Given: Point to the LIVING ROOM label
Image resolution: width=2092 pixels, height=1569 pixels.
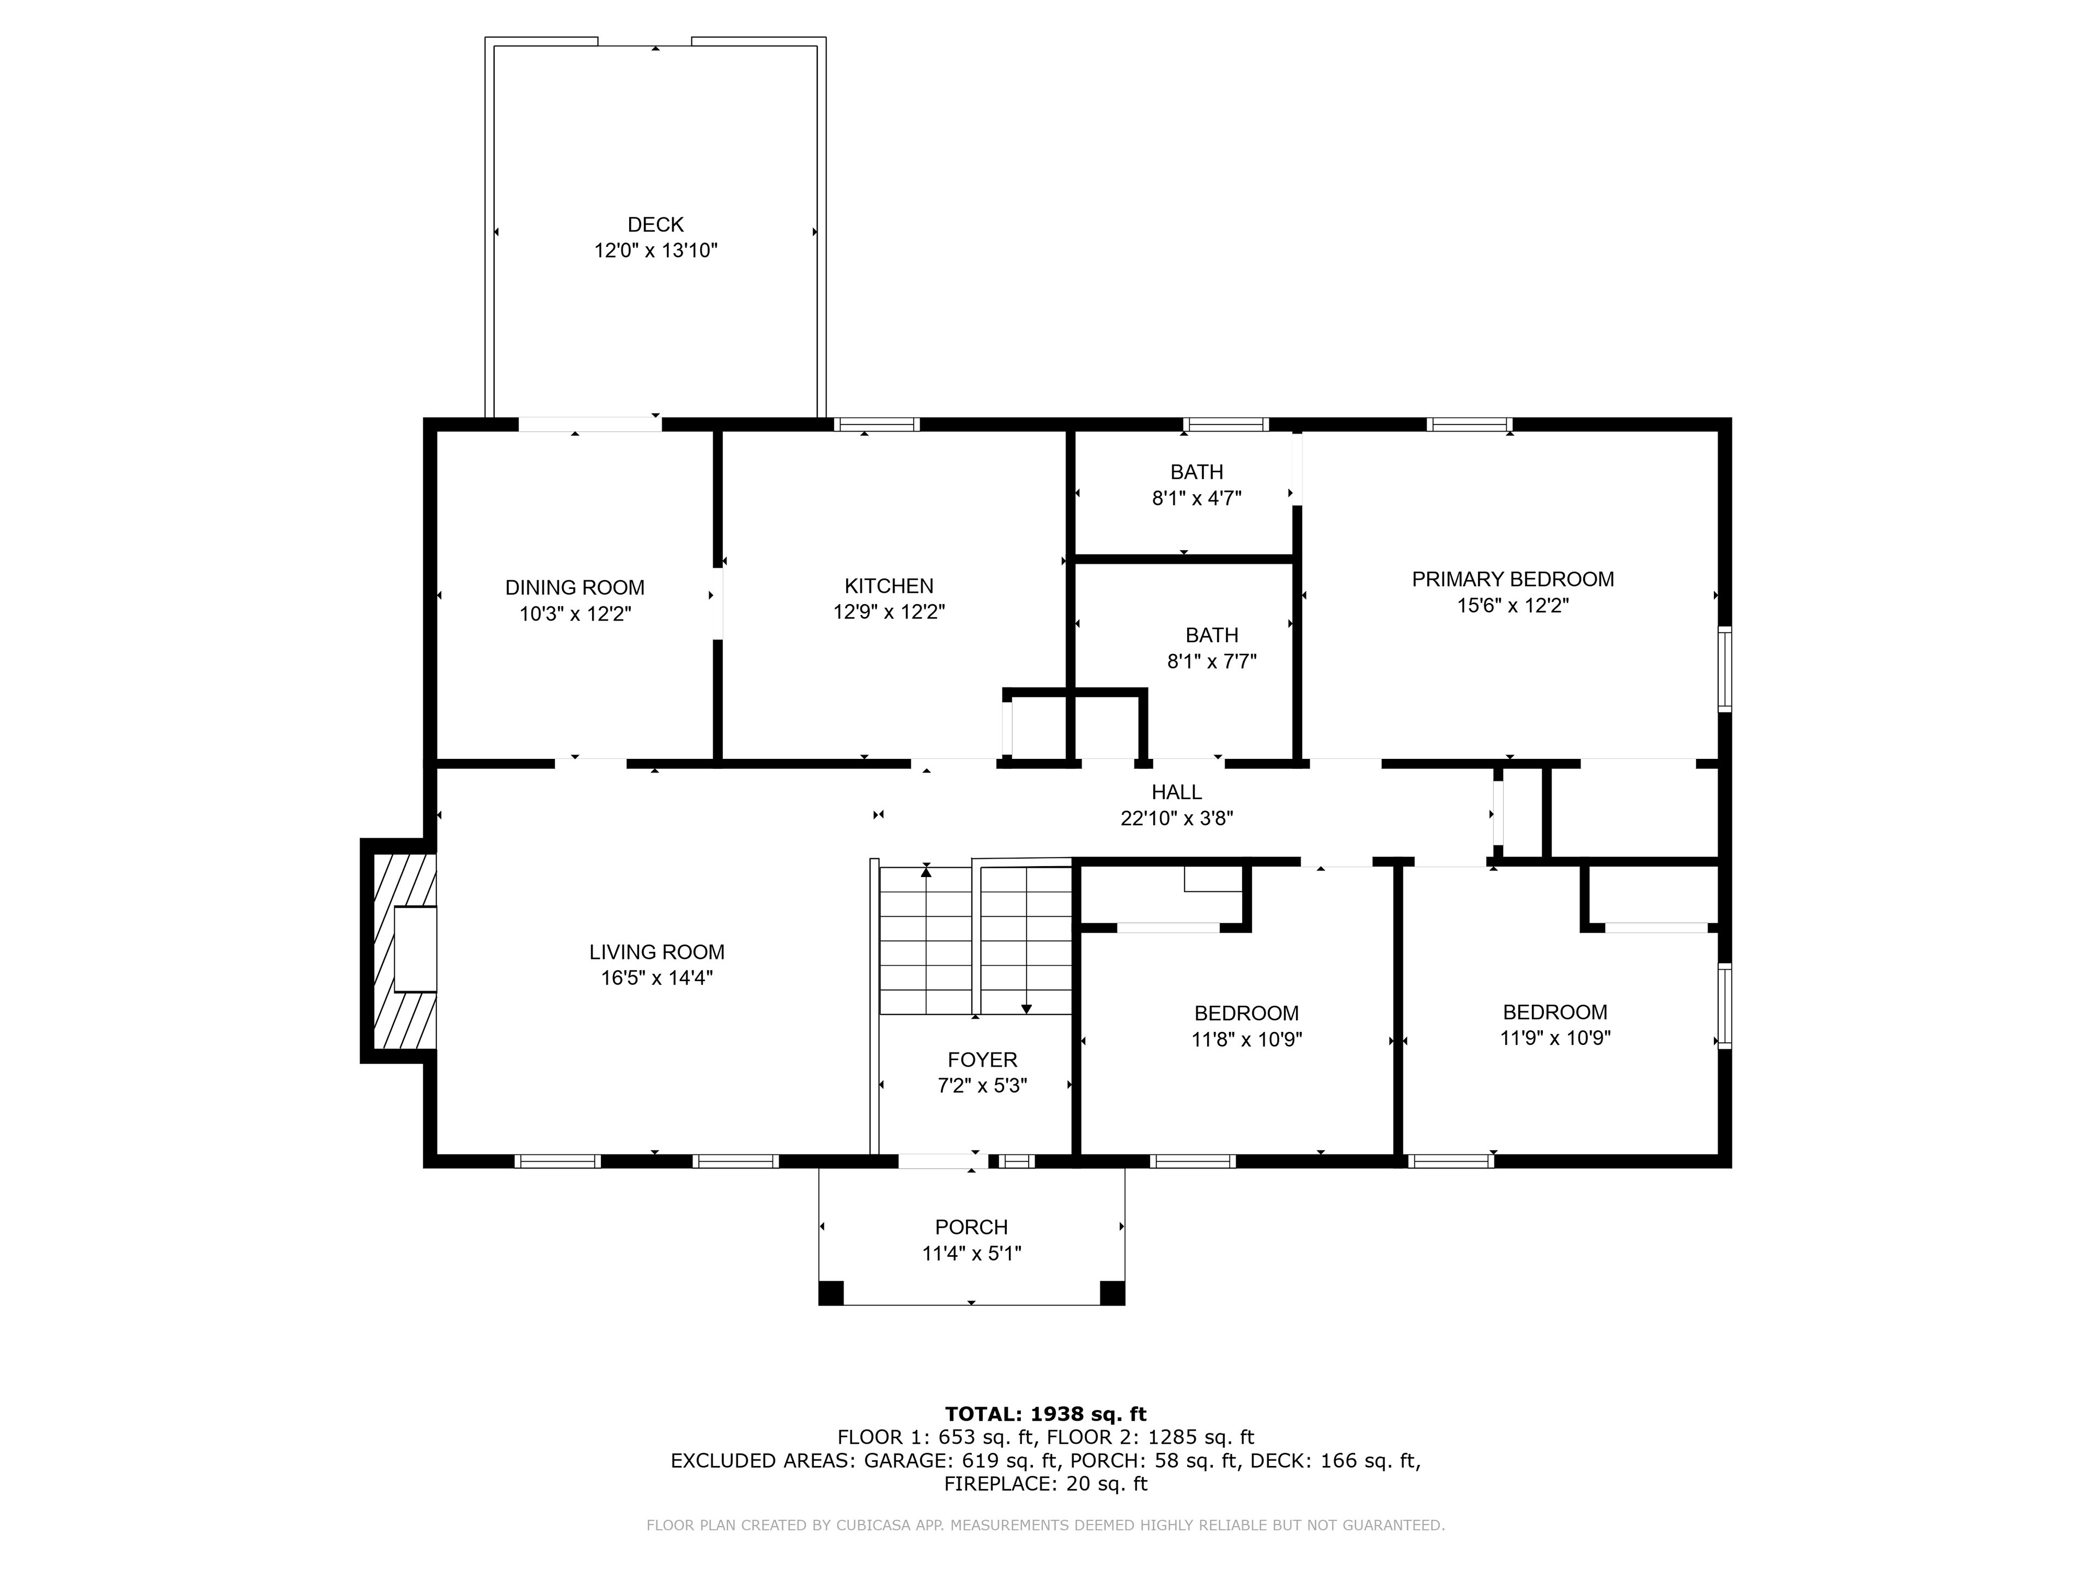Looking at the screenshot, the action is click(658, 952).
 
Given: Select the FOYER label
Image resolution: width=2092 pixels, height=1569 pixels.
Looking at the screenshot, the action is click(983, 1060).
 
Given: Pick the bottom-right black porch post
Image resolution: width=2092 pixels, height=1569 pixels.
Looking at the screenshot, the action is click(1112, 1293).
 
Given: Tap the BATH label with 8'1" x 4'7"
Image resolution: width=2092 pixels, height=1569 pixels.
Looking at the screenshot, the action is click(1196, 472).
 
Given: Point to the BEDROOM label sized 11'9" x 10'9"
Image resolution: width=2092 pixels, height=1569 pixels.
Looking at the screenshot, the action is click(1555, 1012).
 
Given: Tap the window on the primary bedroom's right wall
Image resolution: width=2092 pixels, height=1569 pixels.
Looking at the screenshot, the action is click(1724, 668).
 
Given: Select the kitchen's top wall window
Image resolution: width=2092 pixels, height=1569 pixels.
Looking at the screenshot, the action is click(877, 424).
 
